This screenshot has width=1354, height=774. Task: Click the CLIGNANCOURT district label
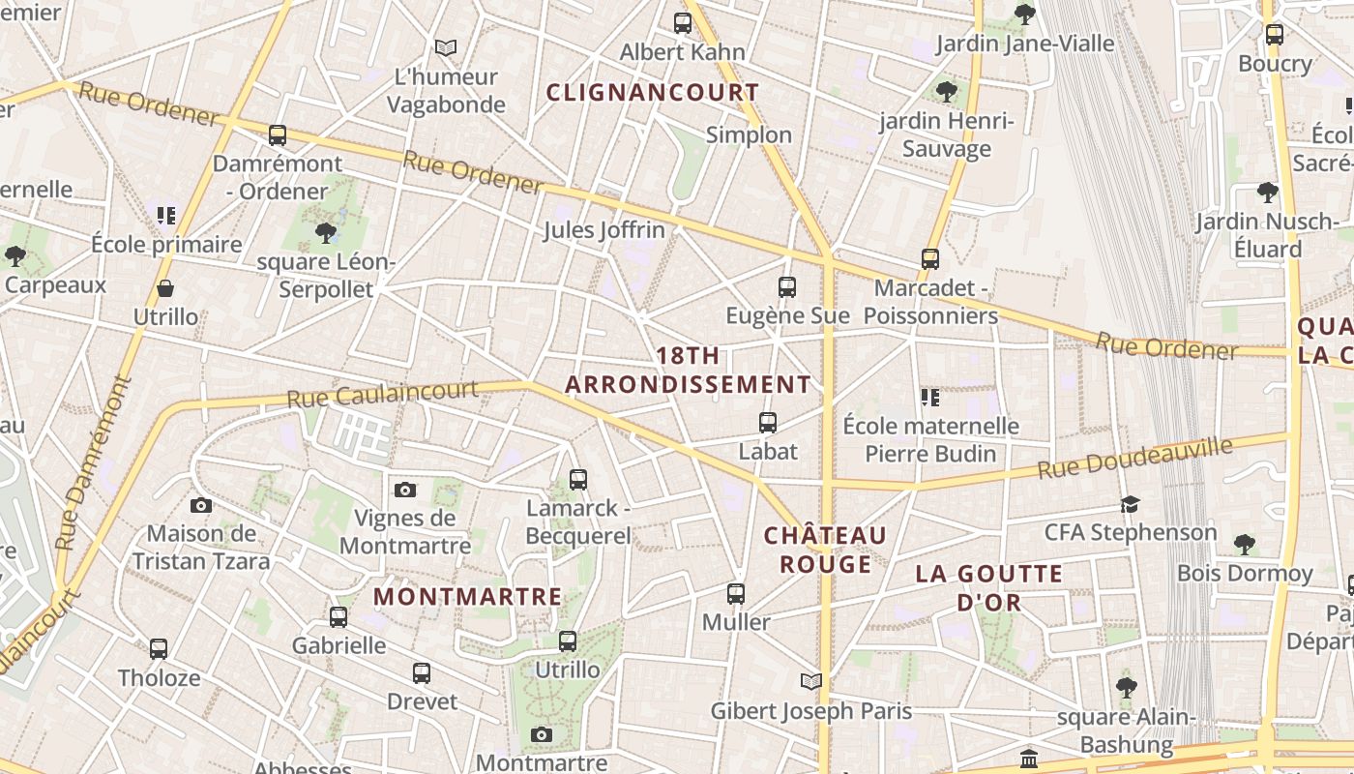pyautogui.click(x=653, y=93)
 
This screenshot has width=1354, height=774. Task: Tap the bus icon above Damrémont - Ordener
pyautogui.click(x=278, y=135)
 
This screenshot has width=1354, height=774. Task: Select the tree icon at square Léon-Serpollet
pyautogui.click(x=326, y=232)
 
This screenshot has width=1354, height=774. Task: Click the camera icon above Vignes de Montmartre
pyautogui.click(x=405, y=490)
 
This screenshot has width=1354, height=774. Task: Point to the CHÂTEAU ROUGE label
pyautogui.click(x=825, y=550)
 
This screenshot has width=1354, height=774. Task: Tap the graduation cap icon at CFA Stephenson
pyautogui.click(x=1130, y=504)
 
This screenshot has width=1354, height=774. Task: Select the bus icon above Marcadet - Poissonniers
pyautogui.click(x=930, y=259)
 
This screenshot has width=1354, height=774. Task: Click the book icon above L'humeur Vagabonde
pyautogui.click(x=446, y=47)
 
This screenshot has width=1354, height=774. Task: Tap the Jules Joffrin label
pyautogui.click(x=603, y=230)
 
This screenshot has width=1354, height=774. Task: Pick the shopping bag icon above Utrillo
pyautogui.click(x=165, y=288)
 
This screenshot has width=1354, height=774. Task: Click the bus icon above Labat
pyautogui.click(x=768, y=423)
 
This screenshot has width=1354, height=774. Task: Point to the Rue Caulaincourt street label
pyautogui.click(x=383, y=394)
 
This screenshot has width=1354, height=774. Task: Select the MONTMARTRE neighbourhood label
pyautogui.click(x=467, y=597)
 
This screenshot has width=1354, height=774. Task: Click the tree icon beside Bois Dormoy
pyautogui.click(x=1245, y=545)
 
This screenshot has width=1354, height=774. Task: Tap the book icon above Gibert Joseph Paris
pyautogui.click(x=811, y=682)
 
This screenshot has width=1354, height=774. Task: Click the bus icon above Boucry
pyautogui.click(x=1275, y=35)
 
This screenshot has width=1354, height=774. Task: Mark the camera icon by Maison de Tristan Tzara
pyautogui.click(x=201, y=505)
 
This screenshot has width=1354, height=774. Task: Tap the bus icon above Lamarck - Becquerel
pyautogui.click(x=578, y=479)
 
